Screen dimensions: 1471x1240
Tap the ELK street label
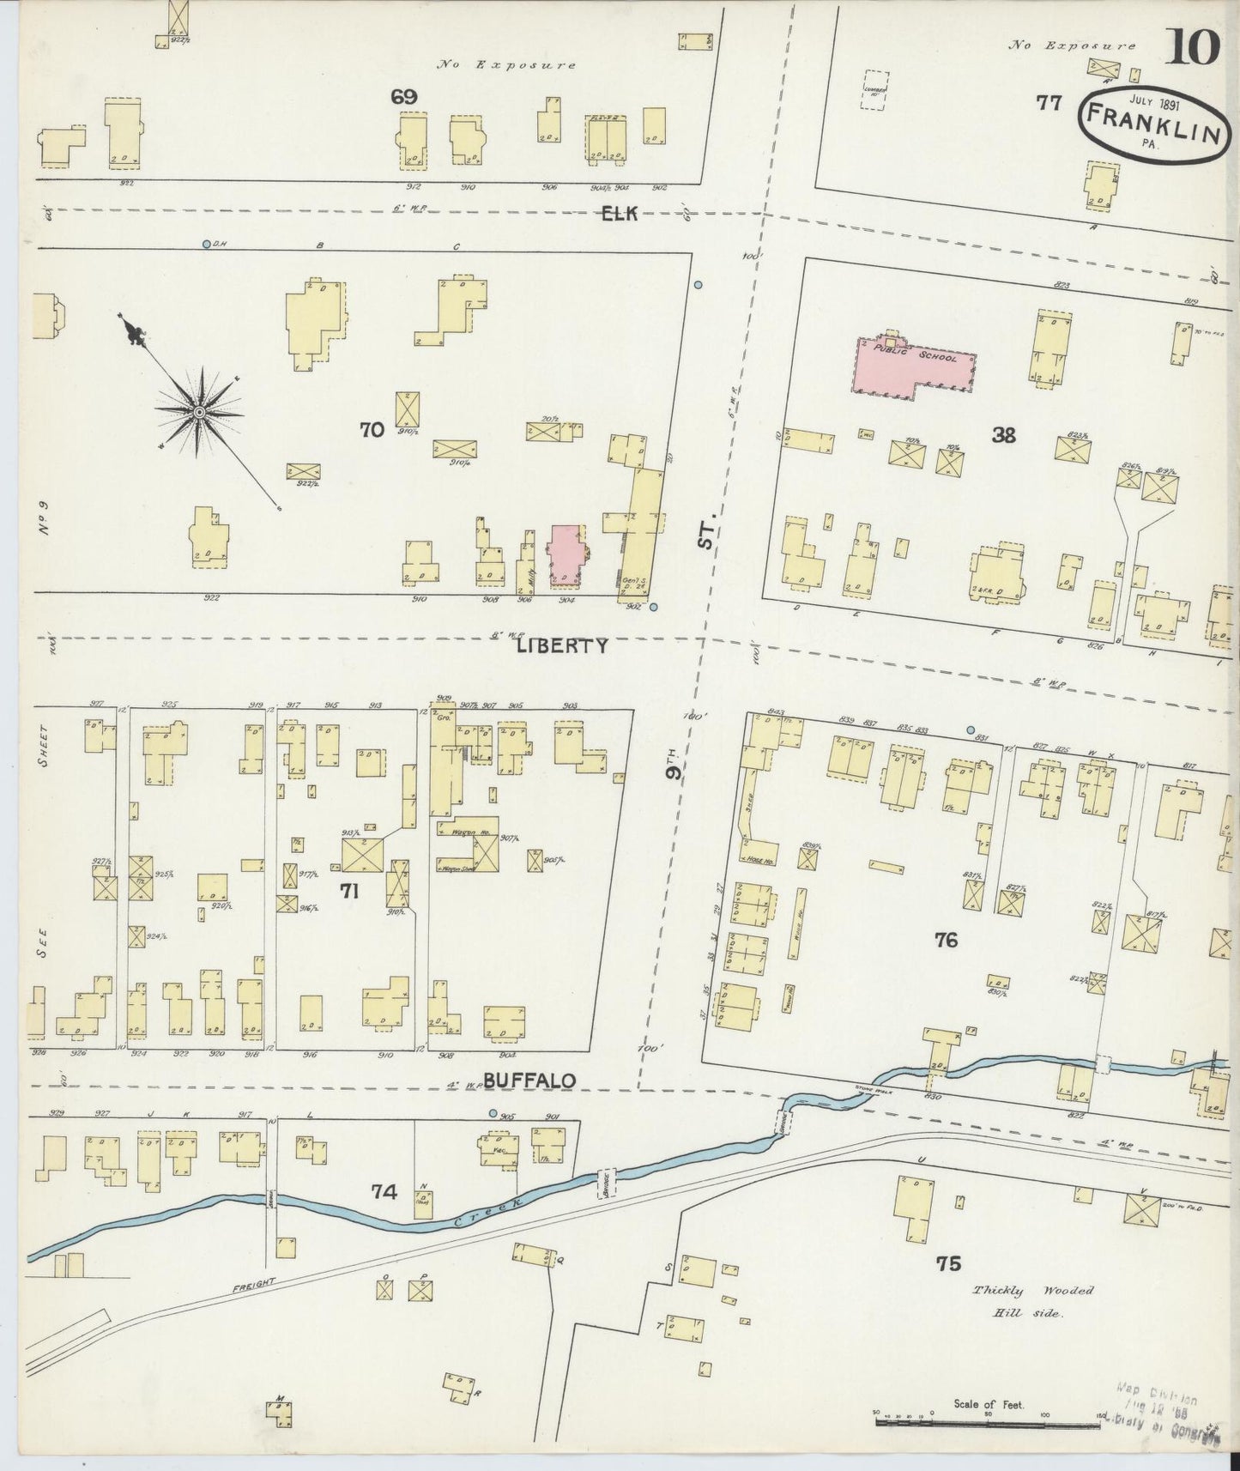(619, 214)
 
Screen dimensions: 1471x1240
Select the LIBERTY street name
(563, 645)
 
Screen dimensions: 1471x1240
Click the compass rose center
(199, 413)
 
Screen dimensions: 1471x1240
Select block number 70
(372, 431)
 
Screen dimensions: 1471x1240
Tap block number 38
(1003, 435)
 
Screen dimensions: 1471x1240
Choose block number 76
(946, 940)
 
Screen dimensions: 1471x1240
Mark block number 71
(348, 892)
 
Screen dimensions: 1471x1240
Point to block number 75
(948, 1263)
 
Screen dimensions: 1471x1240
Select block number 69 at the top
(403, 97)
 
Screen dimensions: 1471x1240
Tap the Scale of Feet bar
(987, 1423)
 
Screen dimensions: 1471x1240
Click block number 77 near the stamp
(1048, 103)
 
